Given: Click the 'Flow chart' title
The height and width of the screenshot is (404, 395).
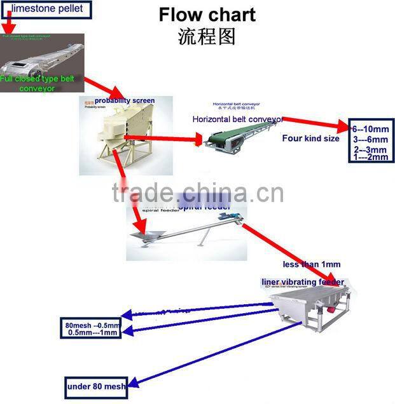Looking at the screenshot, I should [207, 14].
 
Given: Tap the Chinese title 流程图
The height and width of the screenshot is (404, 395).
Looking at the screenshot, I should [207, 36].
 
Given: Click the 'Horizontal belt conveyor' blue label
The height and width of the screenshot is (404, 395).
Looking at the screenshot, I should [237, 119].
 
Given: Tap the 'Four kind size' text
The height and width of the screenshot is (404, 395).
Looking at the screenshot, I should [310, 138].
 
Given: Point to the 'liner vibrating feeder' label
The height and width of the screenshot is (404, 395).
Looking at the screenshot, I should [303, 281].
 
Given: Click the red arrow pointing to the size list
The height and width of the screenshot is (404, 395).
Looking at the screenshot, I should [315, 123].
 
